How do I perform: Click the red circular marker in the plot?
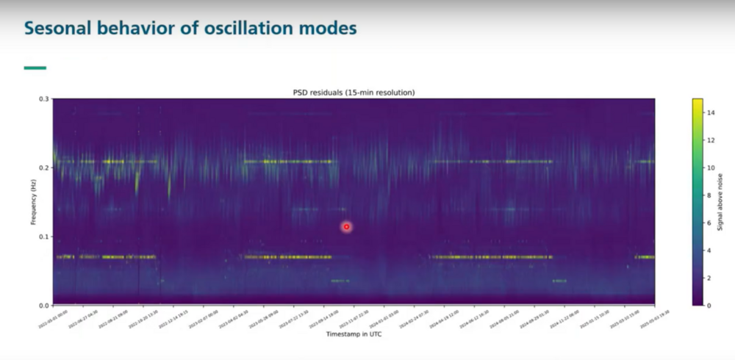[346, 227]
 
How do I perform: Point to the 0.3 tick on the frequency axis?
[44, 98]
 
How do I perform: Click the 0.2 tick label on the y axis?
[44, 168]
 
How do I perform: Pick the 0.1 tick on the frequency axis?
[44, 237]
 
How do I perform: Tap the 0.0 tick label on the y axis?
[44, 305]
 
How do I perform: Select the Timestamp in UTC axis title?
[354, 335]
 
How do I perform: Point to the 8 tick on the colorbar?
[709, 195]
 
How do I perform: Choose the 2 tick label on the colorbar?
[709, 278]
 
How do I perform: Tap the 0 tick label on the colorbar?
[709, 305]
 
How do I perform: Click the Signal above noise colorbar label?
[721, 201]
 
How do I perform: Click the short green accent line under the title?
[35, 68]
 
